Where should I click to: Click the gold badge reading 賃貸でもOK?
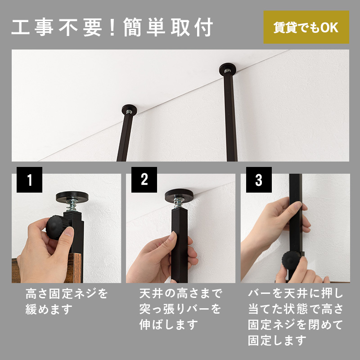[306, 27]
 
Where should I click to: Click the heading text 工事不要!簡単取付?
[112, 28]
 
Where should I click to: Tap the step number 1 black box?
[29, 180]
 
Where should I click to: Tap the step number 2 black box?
[144, 180]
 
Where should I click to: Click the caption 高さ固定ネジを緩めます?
[67, 302]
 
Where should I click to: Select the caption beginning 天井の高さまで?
[180, 309]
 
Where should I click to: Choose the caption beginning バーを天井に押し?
[295, 317]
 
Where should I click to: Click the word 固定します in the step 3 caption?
[277, 340]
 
